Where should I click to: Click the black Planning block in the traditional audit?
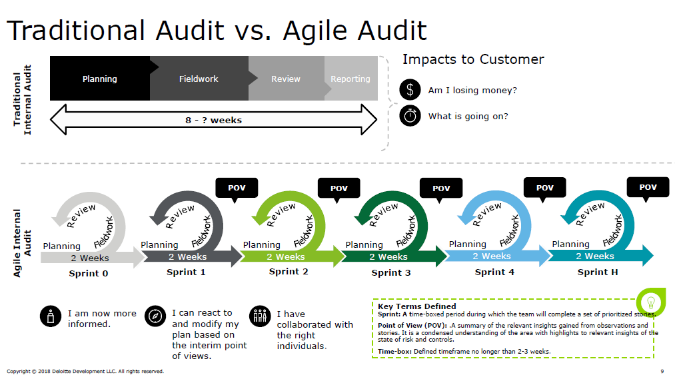(100, 79)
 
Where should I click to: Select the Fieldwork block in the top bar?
(199, 79)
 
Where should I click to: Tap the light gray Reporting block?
(350, 79)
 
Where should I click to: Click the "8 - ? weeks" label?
(213, 121)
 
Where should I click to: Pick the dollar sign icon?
(410, 90)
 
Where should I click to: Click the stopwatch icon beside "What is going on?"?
(410, 116)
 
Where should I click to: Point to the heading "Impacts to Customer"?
(473, 59)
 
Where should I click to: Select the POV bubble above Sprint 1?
(237, 188)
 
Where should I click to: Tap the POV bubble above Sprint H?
(648, 187)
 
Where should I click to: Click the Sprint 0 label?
(88, 273)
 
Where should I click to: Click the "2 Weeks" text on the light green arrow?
(287, 256)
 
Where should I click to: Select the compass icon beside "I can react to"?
(155, 316)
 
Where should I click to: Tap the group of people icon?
(259, 316)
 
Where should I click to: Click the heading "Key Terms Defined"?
(416, 306)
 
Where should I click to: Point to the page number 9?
(662, 371)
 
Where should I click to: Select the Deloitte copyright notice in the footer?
(85, 371)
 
